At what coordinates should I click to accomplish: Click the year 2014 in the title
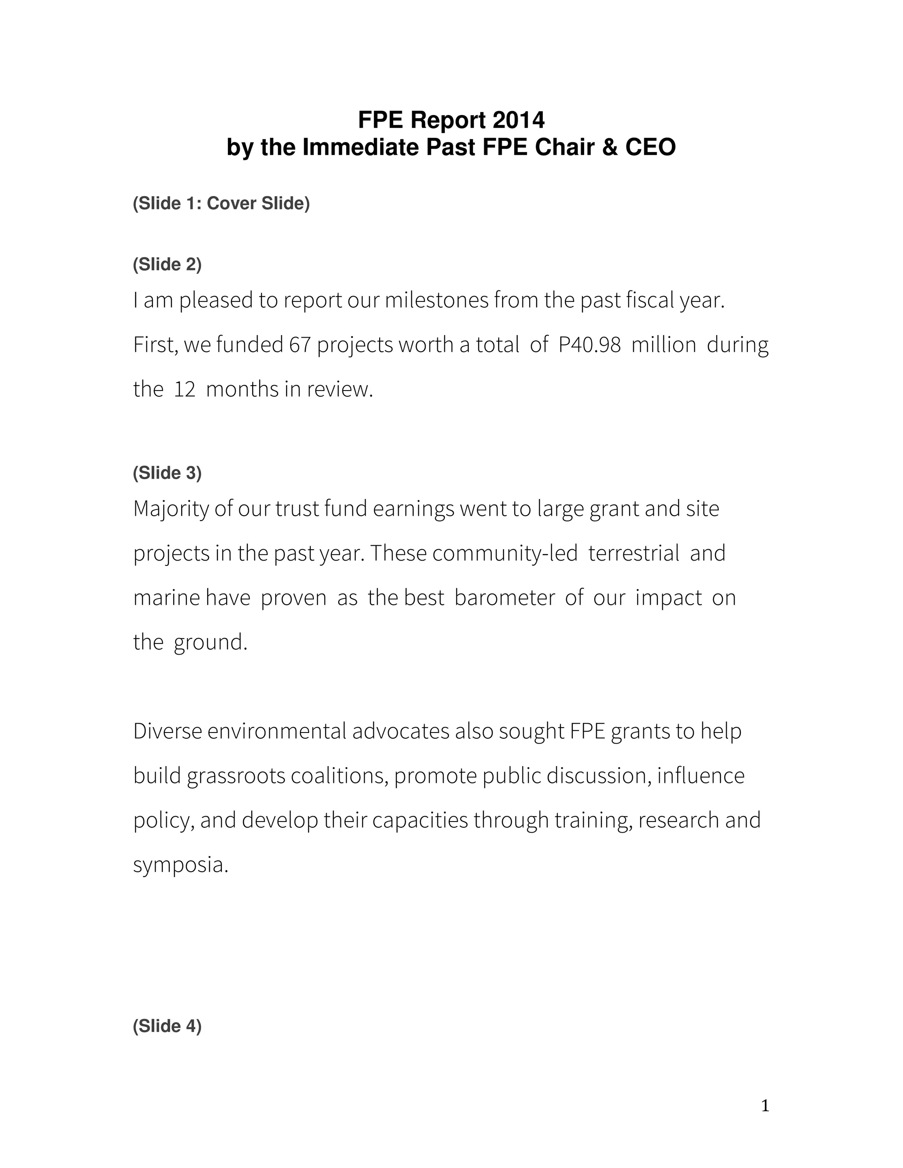tap(519, 120)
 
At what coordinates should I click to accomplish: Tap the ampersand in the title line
tap(609, 147)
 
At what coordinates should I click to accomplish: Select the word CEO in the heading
tap(650, 147)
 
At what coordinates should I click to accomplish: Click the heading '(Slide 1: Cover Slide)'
tap(221, 203)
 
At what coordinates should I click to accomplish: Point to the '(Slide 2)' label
tap(168, 264)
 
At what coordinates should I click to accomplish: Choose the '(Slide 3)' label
tap(168, 473)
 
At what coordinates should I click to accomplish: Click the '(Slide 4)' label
tap(168, 1026)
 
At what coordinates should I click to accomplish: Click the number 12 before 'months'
tap(185, 389)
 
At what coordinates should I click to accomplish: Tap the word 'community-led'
tap(505, 554)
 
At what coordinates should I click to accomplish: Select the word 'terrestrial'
tap(634, 554)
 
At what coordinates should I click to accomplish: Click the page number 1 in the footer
tap(765, 1106)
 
